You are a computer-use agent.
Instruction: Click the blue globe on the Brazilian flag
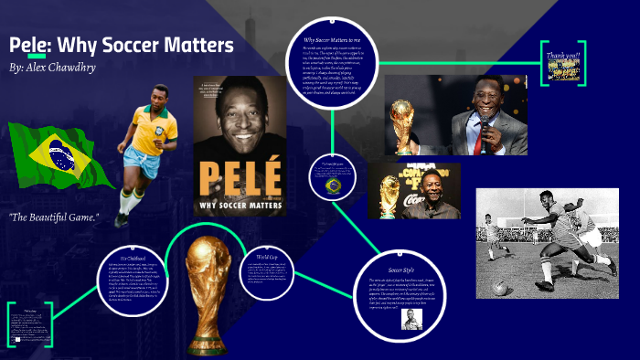click(x=61, y=156)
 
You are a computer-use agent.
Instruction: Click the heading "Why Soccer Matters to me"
click(x=335, y=40)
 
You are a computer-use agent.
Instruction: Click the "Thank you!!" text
click(x=563, y=56)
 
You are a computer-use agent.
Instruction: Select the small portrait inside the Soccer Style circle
click(x=411, y=320)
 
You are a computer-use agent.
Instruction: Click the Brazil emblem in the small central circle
click(x=333, y=185)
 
